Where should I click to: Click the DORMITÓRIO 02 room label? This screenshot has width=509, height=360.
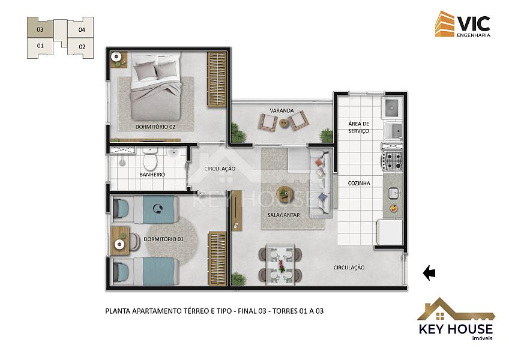click(155, 127)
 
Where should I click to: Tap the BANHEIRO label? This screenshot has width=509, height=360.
click(152, 175)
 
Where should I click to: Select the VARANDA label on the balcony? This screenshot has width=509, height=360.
click(282, 110)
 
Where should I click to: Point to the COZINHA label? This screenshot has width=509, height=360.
click(359, 183)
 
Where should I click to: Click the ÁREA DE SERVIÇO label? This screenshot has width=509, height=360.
click(359, 127)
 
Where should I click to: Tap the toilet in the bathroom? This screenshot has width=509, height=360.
click(150, 159)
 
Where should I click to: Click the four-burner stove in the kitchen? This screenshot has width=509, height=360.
click(392, 161)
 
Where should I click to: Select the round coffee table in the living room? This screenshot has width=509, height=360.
click(285, 194)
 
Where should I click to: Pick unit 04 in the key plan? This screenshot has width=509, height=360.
click(81, 29)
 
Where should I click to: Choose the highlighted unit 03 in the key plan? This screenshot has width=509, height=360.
click(40, 29)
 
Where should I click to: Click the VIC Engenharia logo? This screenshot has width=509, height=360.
click(463, 24)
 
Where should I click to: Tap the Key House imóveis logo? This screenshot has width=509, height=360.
click(456, 319)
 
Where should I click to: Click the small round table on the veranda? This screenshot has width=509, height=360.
click(283, 123)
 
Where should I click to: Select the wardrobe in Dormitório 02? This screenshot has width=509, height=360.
click(217, 80)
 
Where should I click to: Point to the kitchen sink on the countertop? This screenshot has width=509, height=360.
click(393, 193)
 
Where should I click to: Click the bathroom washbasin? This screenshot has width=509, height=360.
click(173, 152)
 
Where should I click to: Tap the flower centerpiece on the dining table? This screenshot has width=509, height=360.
click(281, 266)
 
